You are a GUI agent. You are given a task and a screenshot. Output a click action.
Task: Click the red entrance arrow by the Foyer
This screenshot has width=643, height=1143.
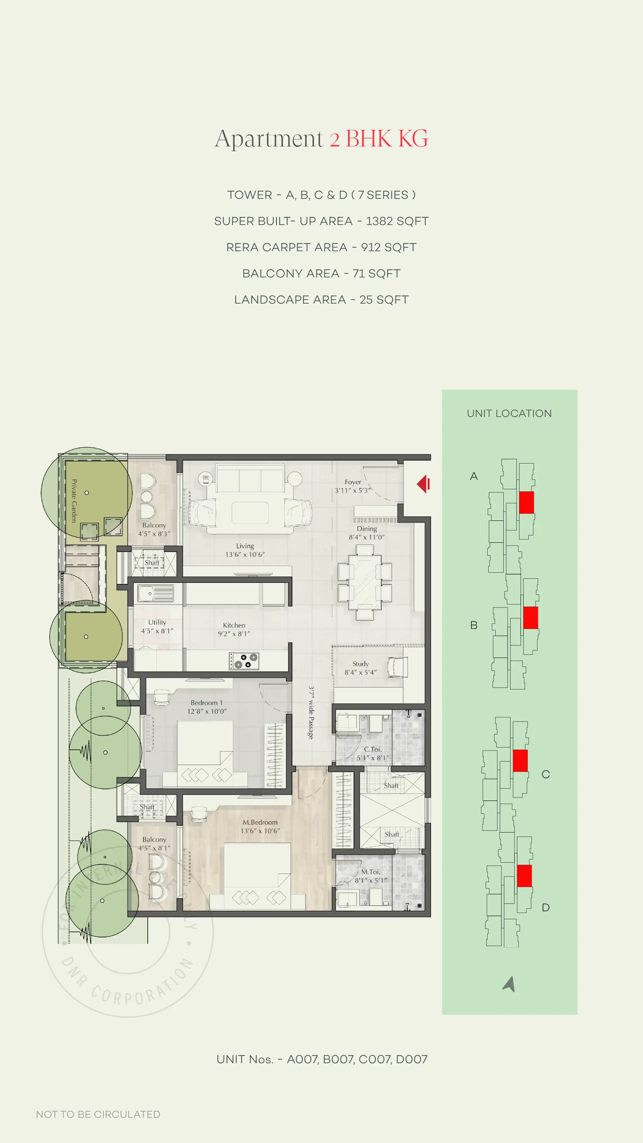[x=423, y=484]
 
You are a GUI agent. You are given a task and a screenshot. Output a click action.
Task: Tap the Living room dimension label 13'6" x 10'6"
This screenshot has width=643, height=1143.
[x=245, y=554]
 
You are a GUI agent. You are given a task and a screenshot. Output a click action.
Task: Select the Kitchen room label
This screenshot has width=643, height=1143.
[x=234, y=625]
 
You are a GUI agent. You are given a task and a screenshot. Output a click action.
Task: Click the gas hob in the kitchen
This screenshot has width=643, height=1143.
[x=244, y=661]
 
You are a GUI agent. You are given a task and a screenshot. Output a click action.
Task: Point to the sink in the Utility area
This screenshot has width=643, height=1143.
[x=155, y=593]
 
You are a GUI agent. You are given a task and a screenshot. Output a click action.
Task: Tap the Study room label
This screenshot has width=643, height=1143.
[x=360, y=664]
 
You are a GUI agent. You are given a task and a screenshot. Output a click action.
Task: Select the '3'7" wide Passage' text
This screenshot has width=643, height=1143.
[x=311, y=713]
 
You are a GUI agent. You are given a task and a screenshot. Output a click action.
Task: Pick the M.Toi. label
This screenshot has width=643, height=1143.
[x=371, y=872]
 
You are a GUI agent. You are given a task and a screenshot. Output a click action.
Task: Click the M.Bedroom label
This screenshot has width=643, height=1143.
[x=260, y=822]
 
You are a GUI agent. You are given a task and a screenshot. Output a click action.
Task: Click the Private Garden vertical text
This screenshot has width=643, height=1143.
[x=74, y=500]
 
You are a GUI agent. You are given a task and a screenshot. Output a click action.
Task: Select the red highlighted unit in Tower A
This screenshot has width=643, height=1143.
[x=526, y=502]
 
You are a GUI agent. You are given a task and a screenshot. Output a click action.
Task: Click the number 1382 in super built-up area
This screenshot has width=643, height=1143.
[x=379, y=221]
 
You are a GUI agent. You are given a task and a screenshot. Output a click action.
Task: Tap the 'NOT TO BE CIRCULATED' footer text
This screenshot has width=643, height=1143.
[x=98, y=1114]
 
